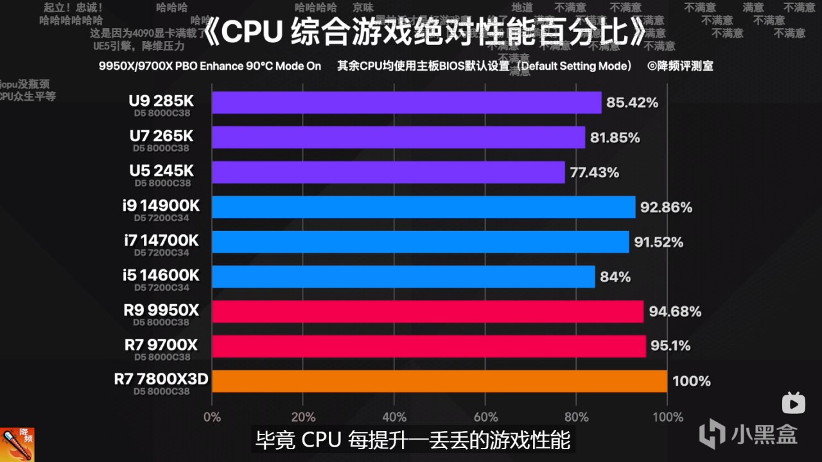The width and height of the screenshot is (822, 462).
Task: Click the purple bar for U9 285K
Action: point(406,103)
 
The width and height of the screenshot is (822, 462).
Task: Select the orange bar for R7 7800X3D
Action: point(439,381)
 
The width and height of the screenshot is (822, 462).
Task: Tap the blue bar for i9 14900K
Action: point(423,207)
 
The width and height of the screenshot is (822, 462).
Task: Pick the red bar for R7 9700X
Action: point(428,346)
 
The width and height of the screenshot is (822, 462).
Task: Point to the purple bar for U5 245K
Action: point(388,172)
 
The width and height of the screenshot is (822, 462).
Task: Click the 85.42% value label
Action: point(633,103)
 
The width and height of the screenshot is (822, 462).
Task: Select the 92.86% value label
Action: point(667,207)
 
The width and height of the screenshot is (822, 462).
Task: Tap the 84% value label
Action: point(615,277)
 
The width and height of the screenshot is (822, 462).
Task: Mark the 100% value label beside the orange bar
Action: point(691,381)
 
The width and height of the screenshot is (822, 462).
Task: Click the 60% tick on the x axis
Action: point(485,417)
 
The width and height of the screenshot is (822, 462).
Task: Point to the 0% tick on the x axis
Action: point(212,417)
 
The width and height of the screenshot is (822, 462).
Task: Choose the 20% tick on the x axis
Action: point(303,417)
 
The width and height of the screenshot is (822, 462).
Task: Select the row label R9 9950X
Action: point(162,311)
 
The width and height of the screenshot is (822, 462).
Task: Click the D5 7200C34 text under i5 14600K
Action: point(162,287)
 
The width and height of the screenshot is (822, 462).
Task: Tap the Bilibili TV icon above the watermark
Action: point(793,403)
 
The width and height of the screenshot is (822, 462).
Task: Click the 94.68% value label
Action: point(675,312)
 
